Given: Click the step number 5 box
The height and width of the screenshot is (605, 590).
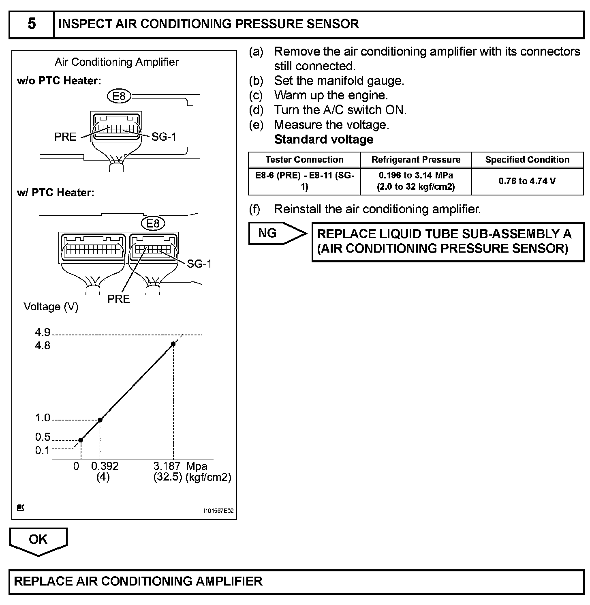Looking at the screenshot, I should [32, 24].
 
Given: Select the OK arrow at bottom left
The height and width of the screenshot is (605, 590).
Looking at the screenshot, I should [38, 540].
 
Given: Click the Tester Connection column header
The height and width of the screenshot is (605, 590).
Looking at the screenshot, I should [304, 160].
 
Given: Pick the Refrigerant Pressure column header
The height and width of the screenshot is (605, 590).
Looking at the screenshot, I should [416, 160].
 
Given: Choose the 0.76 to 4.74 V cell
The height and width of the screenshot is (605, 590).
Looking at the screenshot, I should [527, 181].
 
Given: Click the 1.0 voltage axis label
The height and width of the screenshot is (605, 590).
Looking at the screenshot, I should [43, 418].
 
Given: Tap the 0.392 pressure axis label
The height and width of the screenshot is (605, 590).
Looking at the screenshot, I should [105, 466].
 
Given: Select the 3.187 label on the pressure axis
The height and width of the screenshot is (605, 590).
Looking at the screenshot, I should [167, 466].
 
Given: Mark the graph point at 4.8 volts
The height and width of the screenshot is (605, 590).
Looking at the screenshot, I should [173, 344].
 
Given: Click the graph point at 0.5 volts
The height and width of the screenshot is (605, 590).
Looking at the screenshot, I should [81, 440].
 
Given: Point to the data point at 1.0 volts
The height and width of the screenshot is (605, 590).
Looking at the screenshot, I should [100, 420].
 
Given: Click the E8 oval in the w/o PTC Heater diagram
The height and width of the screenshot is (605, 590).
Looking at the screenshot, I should [119, 96].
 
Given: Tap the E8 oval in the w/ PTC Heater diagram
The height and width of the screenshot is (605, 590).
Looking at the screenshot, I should [153, 223].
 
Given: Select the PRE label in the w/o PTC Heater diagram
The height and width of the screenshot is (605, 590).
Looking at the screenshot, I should [65, 137].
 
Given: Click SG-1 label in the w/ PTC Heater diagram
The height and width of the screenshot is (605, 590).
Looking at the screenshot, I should [199, 264].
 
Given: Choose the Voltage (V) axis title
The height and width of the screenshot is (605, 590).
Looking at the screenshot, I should [51, 307].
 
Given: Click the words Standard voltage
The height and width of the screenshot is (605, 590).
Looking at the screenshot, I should [324, 139].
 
